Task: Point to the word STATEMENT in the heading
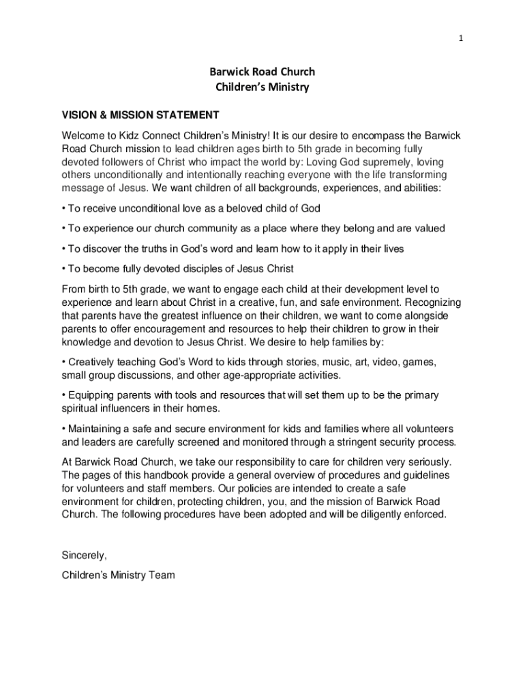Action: coord(185,115)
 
